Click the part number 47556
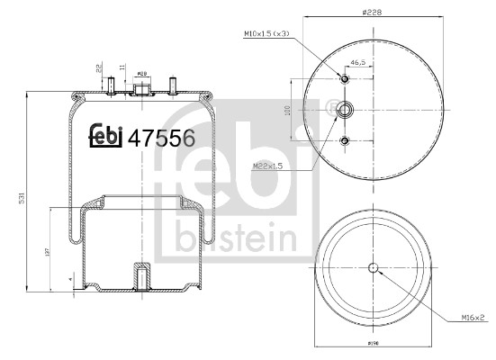point(162,138)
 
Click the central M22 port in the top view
point(345,110)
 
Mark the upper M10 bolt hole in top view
point(345,79)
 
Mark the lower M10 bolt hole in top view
point(345,140)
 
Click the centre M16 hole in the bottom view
point(373,266)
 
